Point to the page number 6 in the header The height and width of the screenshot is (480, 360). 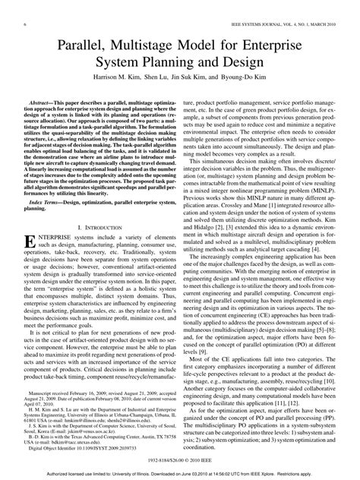pos(15,8)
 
